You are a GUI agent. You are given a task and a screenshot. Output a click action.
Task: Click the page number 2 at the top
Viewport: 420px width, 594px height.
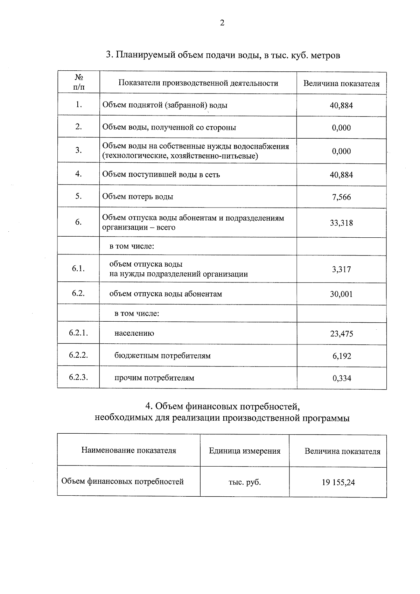pyautogui.click(x=222, y=23)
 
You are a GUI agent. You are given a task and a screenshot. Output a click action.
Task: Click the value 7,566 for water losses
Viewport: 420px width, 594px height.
pyautogui.click(x=341, y=197)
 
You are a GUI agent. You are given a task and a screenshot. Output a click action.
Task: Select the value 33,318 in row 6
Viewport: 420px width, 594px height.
pyautogui.click(x=341, y=223)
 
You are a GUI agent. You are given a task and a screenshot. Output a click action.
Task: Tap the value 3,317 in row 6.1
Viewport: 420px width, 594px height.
pyautogui.click(x=341, y=270)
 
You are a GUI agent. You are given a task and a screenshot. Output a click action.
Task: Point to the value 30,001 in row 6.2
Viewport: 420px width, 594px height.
pyautogui.click(x=341, y=294)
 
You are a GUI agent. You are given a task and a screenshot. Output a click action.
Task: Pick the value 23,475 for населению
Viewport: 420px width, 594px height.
pyautogui.click(x=341, y=334)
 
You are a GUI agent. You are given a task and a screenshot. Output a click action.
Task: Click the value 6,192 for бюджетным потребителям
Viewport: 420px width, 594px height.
pyautogui.click(x=342, y=356)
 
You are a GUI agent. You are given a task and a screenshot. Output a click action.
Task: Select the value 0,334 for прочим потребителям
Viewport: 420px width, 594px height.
pyautogui.click(x=342, y=378)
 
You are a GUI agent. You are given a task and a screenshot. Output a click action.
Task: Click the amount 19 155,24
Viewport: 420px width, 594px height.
pyautogui.click(x=338, y=483)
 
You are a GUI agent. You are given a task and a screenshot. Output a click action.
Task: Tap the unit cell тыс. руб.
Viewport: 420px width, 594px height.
pyautogui.click(x=245, y=482)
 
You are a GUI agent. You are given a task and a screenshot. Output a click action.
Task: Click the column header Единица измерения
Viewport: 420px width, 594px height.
pyautogui.click(x=245, y=451)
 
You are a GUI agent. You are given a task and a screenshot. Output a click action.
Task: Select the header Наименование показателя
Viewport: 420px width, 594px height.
pyautogui.click(x=128, y=450)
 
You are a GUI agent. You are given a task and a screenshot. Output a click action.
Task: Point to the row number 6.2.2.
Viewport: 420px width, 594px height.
pyautogui.click(x=78, y=355)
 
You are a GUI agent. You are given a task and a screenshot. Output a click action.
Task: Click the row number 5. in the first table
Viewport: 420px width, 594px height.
pyautogui.click(x=78, y=196)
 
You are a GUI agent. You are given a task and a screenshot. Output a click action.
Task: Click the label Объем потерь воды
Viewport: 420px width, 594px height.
pyautogui.click(x=138, y=197)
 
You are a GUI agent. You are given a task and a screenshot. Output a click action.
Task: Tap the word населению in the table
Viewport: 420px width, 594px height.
pyautogui.click(x=134, y=333)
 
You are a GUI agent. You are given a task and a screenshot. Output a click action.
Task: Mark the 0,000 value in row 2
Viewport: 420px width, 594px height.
pyautogui.click(x=341, y=128)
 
